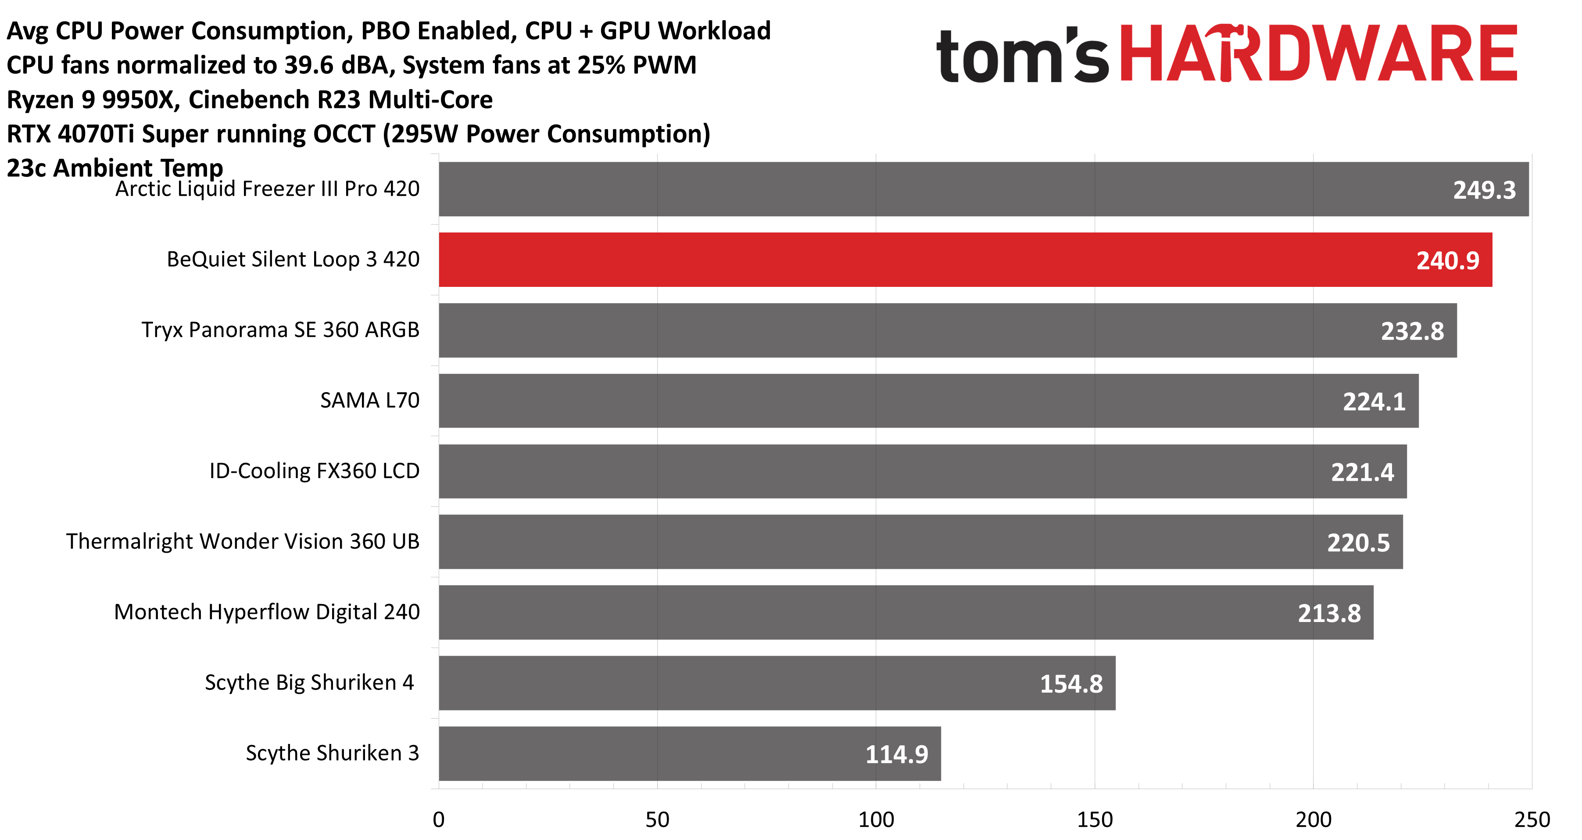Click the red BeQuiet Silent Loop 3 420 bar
964,260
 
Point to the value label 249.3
1484,190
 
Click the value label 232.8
1412,332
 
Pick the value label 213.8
1329,613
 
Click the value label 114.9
896,754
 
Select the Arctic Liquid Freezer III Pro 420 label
267,189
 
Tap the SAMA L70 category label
370,400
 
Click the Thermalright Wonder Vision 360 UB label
243,542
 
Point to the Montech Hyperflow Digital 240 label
267,612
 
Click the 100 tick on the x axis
876,820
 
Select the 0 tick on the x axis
438,820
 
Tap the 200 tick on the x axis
1313,820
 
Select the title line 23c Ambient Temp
115,168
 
